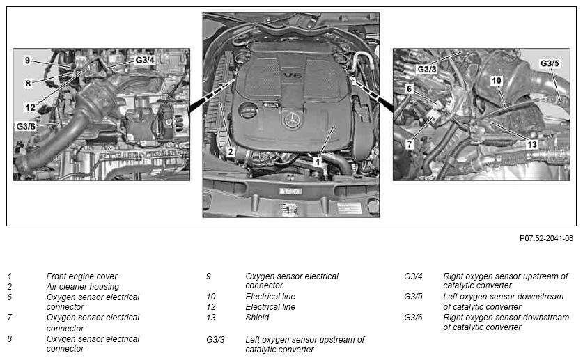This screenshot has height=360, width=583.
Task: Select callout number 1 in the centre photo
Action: coord(317,161)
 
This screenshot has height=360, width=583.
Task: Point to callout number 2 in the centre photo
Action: coord(230,150)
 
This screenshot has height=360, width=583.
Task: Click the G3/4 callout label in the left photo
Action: coord(145,61)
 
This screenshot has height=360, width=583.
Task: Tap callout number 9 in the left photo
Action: coord(27,61)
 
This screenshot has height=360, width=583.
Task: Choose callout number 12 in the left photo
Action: coord(30,107)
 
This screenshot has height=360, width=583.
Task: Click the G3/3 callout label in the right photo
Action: coord(427,69)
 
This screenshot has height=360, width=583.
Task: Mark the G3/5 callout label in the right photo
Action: coord(550,63)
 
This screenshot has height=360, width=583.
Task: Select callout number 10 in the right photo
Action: coord(496,81)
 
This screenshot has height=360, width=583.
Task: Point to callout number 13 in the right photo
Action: coord(531,144)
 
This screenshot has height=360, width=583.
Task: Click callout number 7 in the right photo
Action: coord(410,144)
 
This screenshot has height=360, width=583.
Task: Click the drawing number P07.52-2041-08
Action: coord(546,238)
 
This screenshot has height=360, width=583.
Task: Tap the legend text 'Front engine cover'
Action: coord(81,276)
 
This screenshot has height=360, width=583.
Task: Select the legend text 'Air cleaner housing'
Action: coord(82,286)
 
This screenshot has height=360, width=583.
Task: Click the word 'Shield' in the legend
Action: coord(257,317)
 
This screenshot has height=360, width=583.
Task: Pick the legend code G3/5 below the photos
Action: coord(413,297)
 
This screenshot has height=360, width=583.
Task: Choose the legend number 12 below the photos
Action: coord(211,307)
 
